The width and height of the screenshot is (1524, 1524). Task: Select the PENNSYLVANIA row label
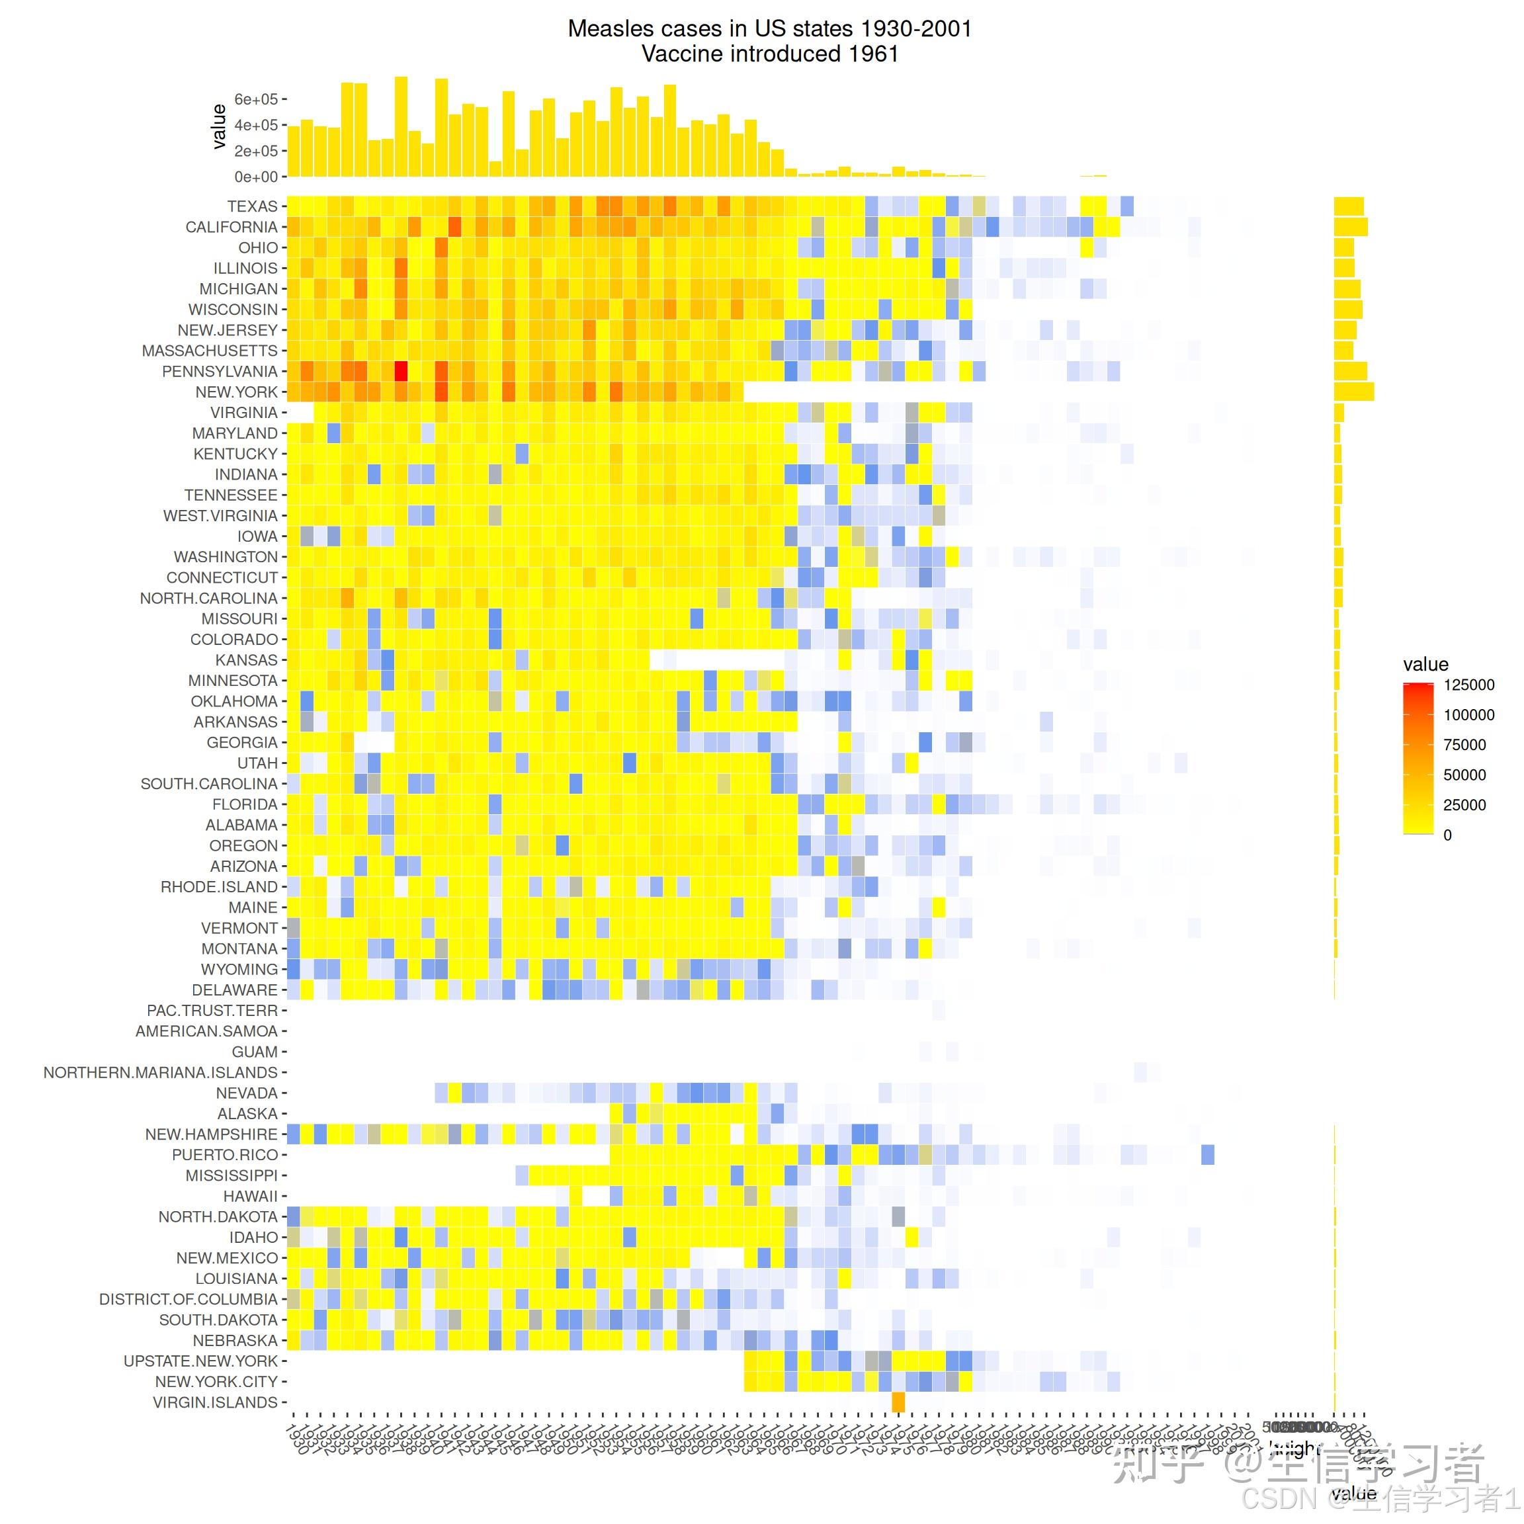click(x=220, y=372)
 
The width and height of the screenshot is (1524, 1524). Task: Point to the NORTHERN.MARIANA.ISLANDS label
click(x=160, y=1073)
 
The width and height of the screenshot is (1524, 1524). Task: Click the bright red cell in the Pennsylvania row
click(x=401, y=370)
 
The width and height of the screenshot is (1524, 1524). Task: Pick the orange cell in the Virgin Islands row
click(x=898, y=1402)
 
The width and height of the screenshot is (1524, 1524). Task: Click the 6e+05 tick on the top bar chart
click(x=257, y=99)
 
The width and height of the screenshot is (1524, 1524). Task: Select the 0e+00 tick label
click(x=257, y=177)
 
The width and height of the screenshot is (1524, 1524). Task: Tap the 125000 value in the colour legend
click(x=1469, y=685)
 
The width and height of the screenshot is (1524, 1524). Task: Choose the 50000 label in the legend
click(x=1464, y=775)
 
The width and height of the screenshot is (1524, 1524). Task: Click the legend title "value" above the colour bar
click(x=1425, y=664)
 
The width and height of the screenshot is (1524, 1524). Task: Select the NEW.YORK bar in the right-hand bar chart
click(x=1353, y=392)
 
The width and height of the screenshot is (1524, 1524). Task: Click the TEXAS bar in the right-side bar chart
click(x=1348, y=206)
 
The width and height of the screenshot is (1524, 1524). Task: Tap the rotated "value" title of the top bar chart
click(x=220, y=126)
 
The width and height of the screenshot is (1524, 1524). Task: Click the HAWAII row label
click(x=250, y=1197)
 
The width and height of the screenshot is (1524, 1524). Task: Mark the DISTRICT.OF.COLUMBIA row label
click(x=188, y=1299)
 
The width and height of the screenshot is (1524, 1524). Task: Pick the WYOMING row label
click(x=239, y=970)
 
